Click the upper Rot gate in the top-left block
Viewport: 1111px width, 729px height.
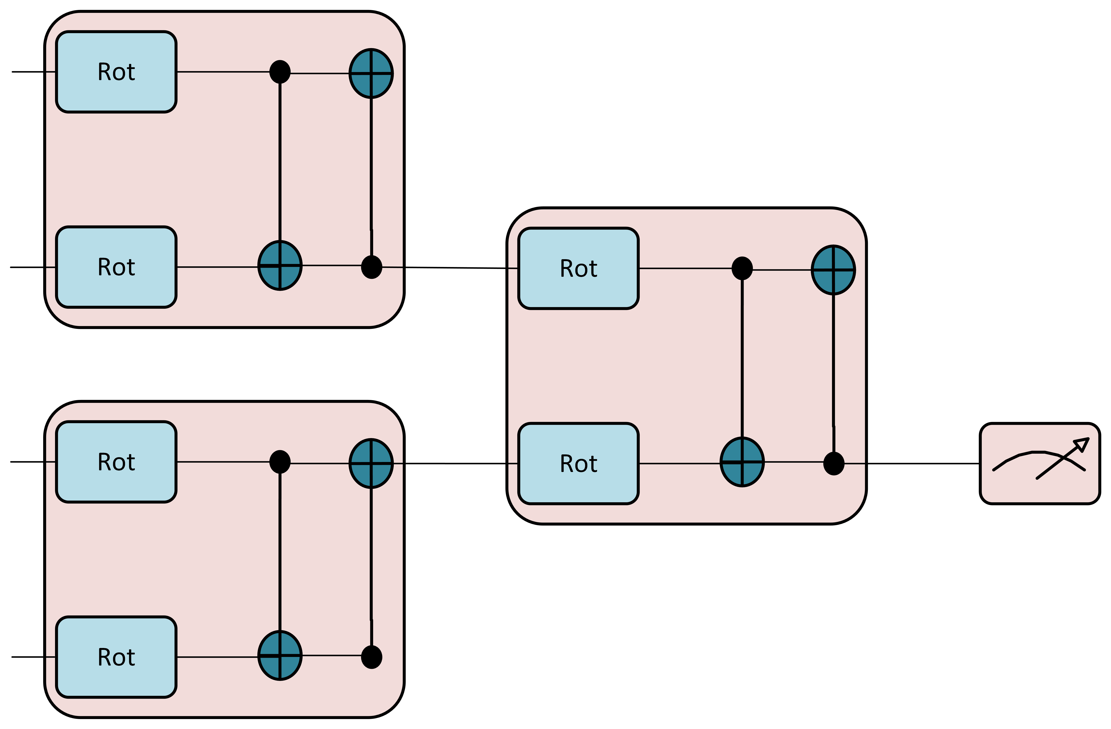[x=116, y=72]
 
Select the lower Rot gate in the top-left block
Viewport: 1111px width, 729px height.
[x=116, y=267]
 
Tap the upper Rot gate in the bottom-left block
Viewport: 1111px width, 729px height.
[x=116, y=462]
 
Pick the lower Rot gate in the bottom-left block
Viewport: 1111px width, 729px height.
[x=116, y=657]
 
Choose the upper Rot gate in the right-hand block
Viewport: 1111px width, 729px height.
[x=578, y=268]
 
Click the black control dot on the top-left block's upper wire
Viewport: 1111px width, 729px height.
[x=280, y=72]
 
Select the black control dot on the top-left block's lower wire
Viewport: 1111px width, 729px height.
[x=372, y=267]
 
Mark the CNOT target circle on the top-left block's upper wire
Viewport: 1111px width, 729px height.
[x=371, y=73]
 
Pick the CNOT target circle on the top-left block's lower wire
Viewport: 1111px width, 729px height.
[x=280, y=265]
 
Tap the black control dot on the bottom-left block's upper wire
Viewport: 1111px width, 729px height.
[x=280, y=462]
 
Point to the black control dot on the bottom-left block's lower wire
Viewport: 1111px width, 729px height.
[x=372, y=657]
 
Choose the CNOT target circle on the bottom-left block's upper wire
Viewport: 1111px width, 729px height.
[x=371, y=464]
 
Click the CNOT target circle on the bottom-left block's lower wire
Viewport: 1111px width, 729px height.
[x=280, y=655]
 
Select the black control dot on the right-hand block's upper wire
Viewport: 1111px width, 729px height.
[x=742, y=268]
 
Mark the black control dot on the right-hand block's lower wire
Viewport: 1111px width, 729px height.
[x=834, y=464]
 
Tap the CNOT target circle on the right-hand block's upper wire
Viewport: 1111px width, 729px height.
[x=833, y=270]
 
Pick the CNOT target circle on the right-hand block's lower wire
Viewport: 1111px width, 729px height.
[x=742, y=462]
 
